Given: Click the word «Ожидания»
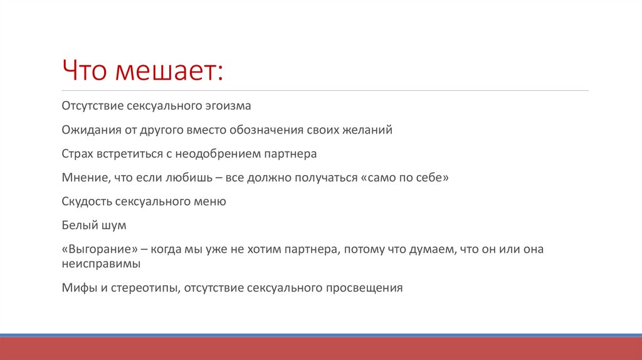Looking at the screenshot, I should tap(88, 130).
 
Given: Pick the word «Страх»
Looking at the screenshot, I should tap(76, 154).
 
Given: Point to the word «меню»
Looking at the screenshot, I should tap(211, 201).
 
